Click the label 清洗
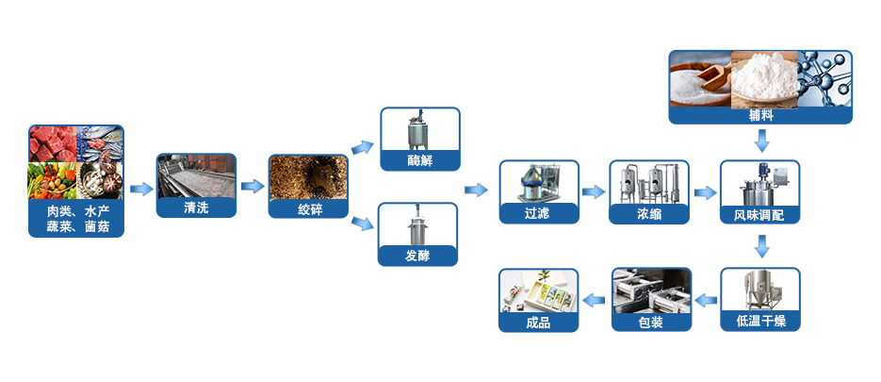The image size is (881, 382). coord(196,208)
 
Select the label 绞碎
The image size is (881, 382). coord(308,209)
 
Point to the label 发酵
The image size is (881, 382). coord(417,256)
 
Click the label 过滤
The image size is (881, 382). coord(537,213)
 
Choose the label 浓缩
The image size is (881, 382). coord(648,213)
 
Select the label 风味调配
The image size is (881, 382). coord(759,214)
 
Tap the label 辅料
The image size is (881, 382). coord(761,115)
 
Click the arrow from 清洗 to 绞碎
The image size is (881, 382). coord(252,186)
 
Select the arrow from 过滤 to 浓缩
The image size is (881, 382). coord(593,191)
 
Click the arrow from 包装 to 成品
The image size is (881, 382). coord(593,300)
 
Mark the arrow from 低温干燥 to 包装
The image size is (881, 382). coord(705,300)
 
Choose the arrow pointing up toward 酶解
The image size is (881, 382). coord(362,147)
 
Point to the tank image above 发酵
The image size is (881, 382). coord(417,224)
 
